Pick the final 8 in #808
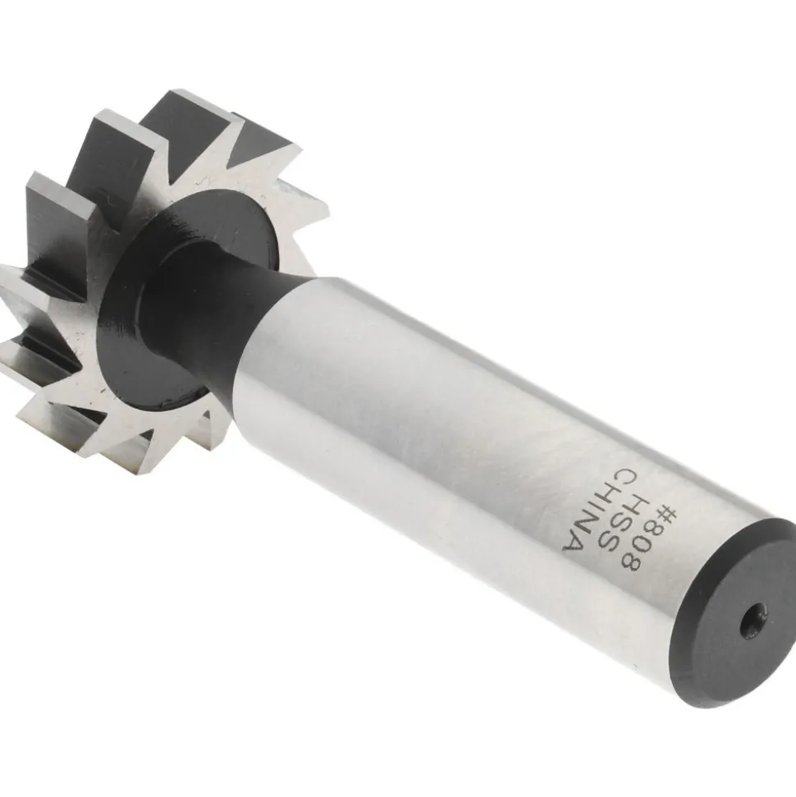(x=642, y=561)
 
